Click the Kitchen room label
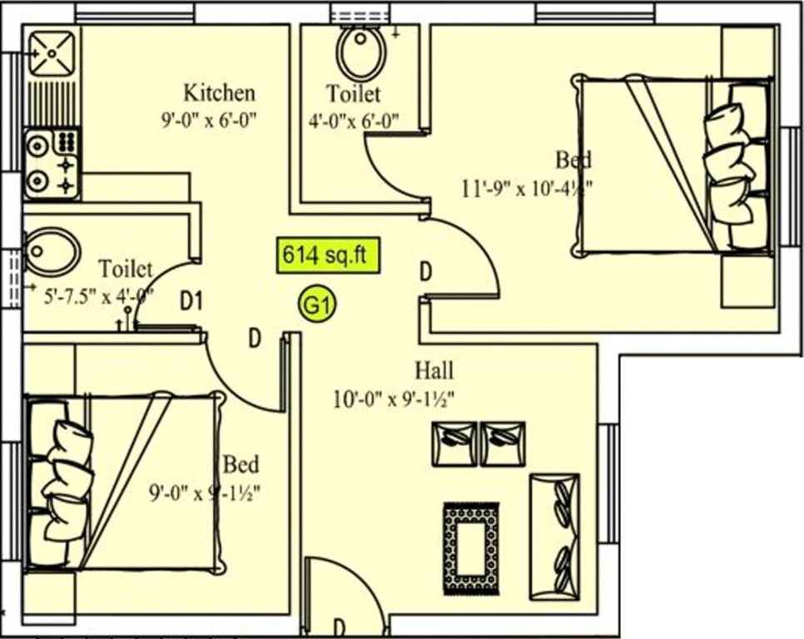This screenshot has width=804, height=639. pos(219,92)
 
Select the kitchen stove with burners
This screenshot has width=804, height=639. pos(52,164)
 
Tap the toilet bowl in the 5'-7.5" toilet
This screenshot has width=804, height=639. pos(52,250)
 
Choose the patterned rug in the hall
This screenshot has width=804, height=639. pos(471,549)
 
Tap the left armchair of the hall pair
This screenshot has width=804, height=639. pos(454,443)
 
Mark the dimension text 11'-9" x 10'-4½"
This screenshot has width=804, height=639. pos(527,187)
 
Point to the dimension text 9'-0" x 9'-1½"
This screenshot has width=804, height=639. pos(205,493)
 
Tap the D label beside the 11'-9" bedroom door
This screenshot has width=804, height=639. pos(424,271)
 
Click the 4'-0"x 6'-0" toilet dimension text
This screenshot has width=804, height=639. pos(353,120)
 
